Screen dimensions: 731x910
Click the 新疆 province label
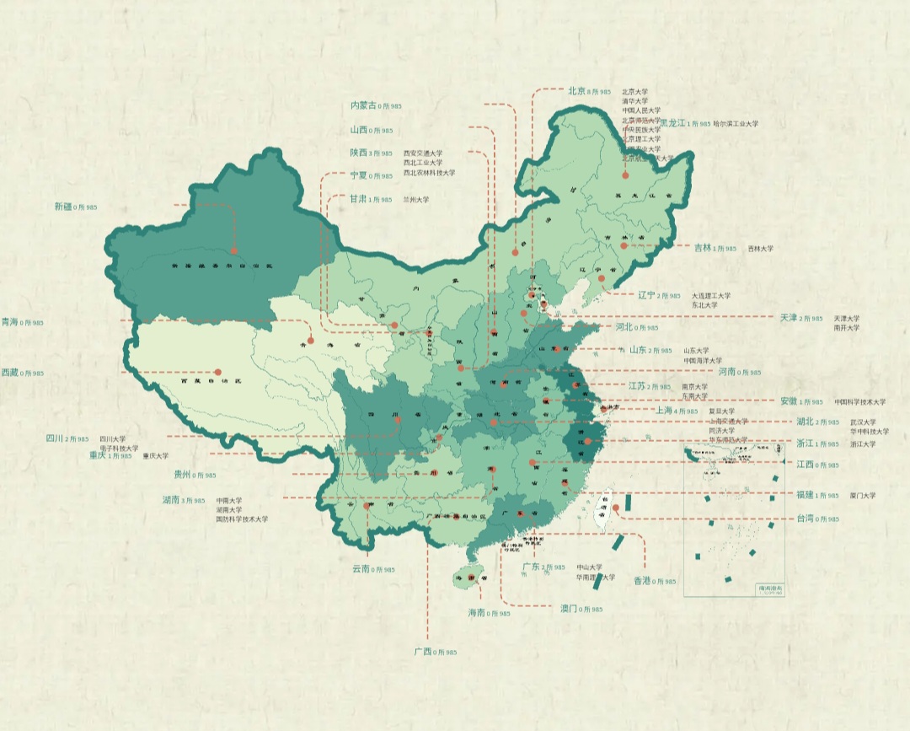point(63,206)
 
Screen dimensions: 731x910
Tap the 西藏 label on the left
point(10,372)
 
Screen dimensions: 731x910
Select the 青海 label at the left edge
point(10,322)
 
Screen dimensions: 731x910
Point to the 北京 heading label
point(576,90)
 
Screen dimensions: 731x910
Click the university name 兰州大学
point(416,200)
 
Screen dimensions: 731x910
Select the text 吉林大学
point(760,249)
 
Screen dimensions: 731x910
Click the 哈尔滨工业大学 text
point(739,123)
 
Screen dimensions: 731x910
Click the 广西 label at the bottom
point(423,652)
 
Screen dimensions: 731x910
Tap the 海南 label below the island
point(476,613)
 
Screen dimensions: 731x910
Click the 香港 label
point(642,581)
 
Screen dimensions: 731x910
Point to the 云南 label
point(361,569)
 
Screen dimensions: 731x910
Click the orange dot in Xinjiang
point(233,250)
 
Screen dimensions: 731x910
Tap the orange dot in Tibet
point(217,371)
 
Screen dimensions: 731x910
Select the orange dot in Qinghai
point(310,341)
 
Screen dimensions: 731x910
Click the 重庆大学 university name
point(155,456)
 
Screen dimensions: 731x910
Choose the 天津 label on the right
point(788,318)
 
